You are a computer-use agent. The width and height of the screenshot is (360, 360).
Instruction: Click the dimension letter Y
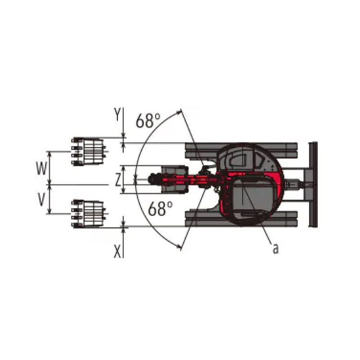click(117, 114)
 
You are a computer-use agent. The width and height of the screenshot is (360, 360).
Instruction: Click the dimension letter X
click(117, 252)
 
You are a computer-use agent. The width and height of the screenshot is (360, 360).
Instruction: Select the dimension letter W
click(41, 168)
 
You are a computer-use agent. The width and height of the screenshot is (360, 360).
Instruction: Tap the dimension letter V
click(41, 199)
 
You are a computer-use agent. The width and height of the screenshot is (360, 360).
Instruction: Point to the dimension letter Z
click(118, 180)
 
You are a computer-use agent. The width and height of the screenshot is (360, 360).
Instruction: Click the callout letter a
click(275, 248)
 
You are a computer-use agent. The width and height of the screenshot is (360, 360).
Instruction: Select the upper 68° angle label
click(148, 121)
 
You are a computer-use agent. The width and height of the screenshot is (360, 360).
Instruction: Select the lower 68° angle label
click(160, 209)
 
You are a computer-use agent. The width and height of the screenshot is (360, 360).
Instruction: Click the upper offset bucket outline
click(89, 152)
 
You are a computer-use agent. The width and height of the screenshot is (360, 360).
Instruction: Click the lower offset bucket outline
click(89, 213)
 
